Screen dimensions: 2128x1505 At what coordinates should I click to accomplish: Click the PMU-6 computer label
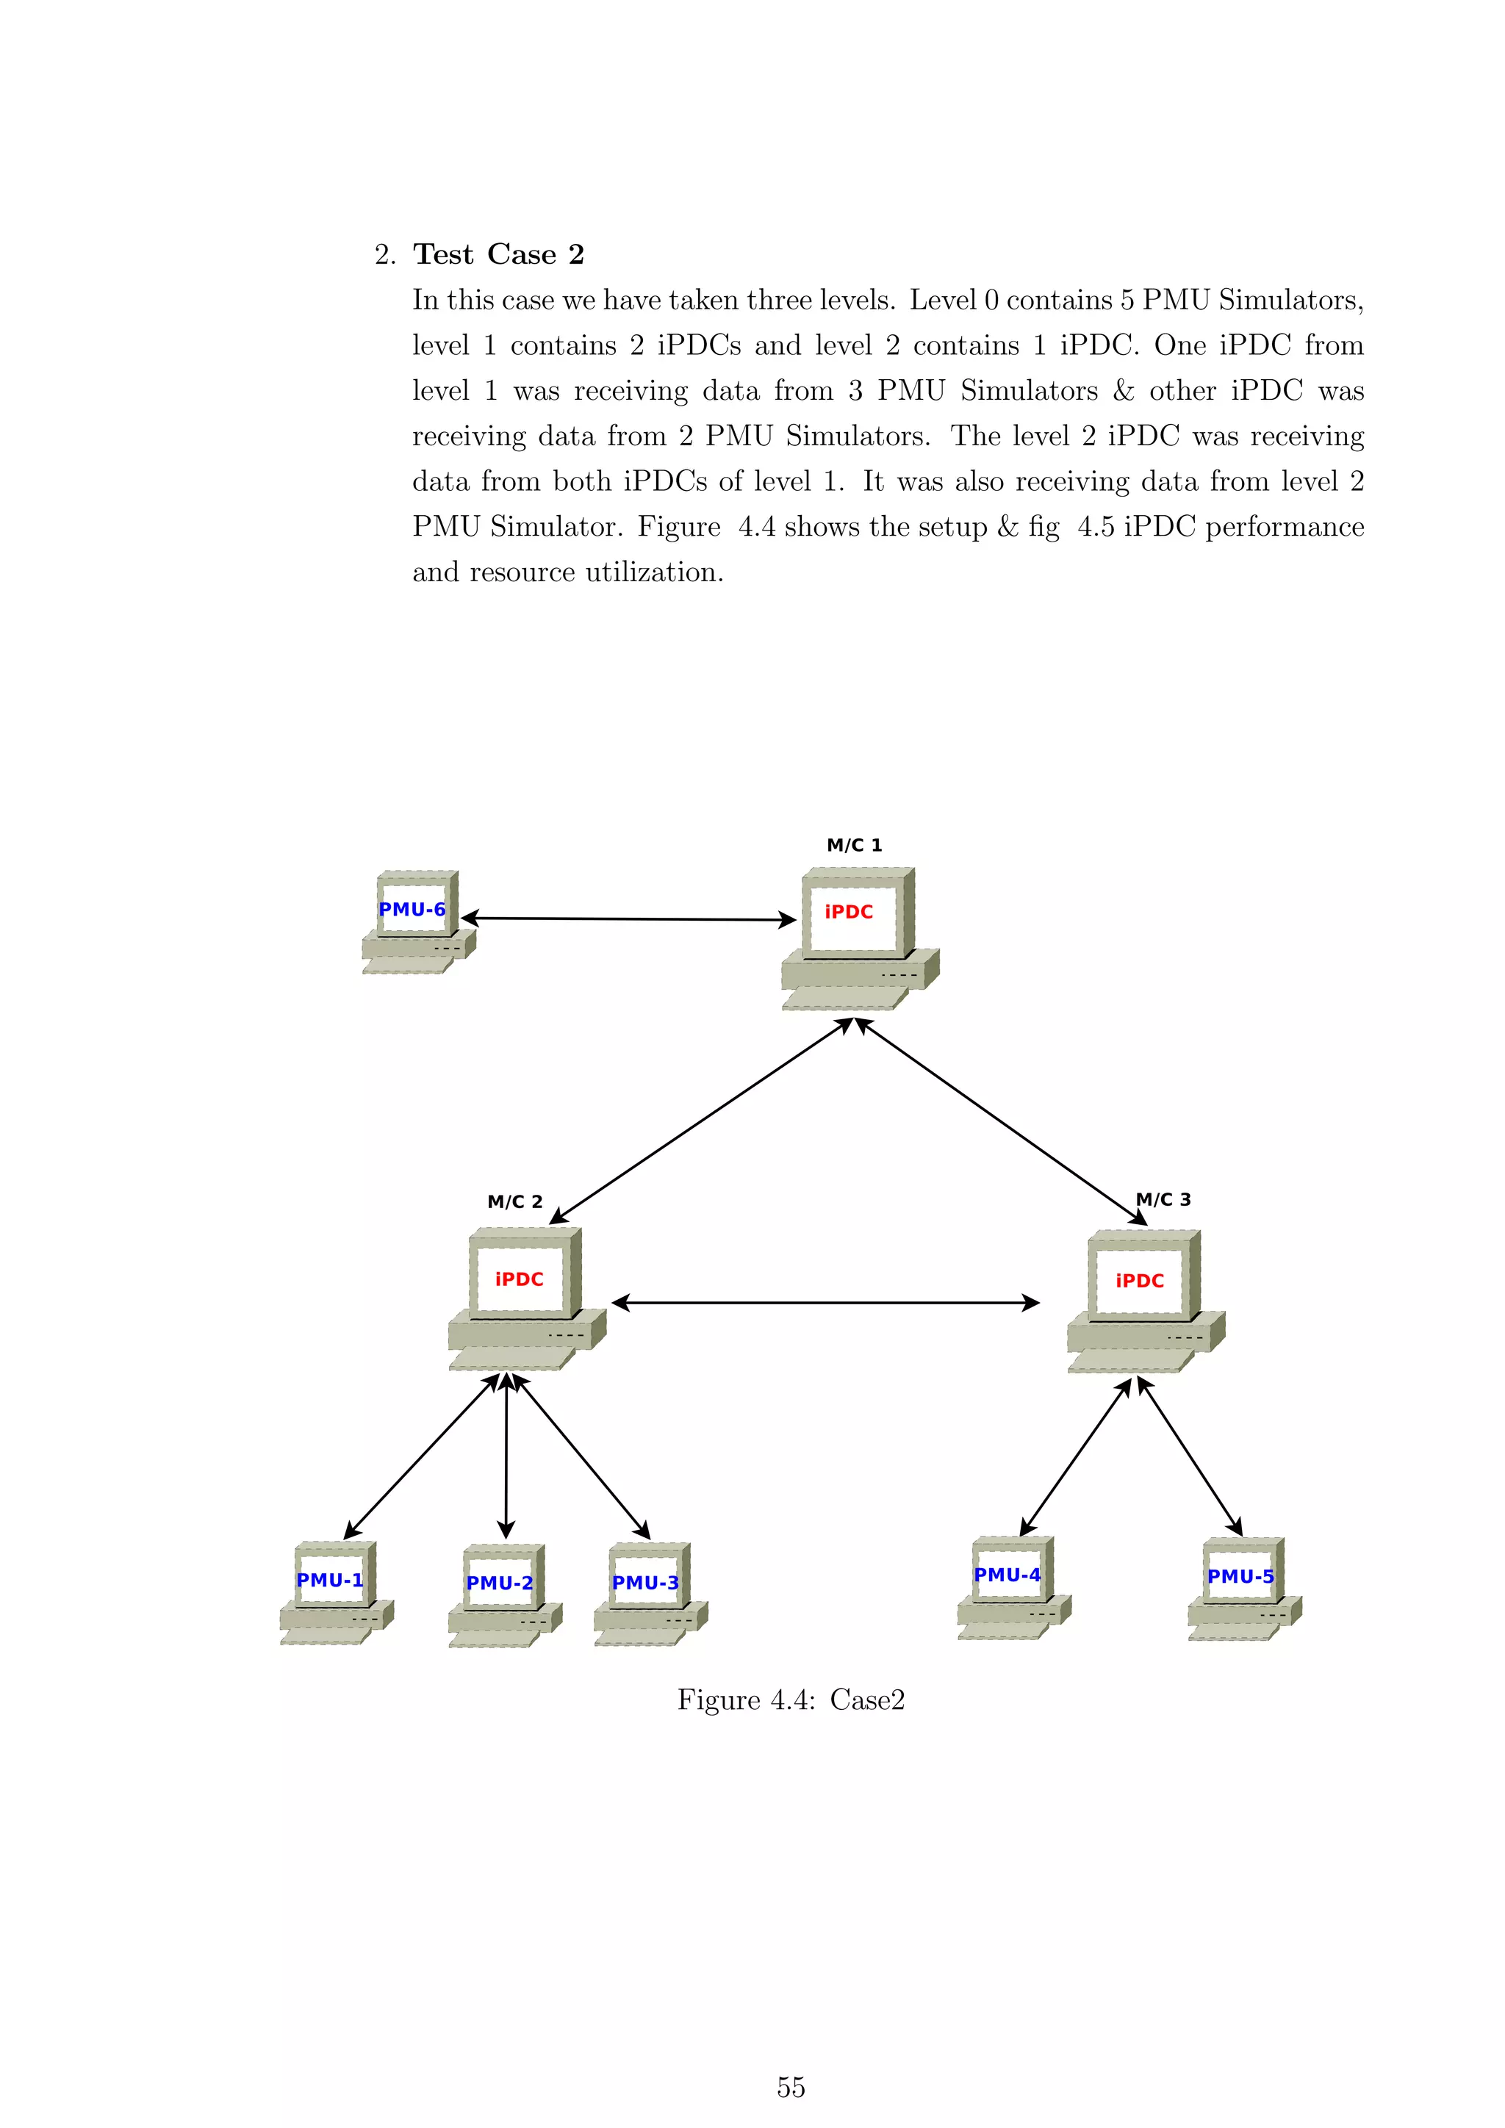(412, 909)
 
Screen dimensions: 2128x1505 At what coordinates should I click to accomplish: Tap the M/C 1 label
(853, 845)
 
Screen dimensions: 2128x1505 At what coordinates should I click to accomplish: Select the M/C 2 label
(514, 1202)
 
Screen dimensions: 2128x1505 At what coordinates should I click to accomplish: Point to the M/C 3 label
(1164, 1199)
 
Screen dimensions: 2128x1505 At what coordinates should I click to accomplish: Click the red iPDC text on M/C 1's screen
(849, 912)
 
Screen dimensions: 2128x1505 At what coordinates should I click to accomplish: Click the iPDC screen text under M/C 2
(519, 1279)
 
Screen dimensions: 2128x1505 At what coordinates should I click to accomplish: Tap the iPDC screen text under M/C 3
(1139, 1281)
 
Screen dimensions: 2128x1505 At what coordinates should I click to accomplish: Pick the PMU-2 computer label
(500, 1583)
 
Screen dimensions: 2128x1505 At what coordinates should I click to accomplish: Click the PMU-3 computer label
(645, 1583)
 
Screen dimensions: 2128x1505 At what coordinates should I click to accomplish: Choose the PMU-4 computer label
(1007, 1575)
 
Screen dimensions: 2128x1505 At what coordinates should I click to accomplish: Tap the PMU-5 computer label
(1240, 1577)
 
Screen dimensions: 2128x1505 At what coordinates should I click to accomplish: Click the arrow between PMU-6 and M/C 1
(628, 919)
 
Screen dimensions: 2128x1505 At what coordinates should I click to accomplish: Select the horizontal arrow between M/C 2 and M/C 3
(825, 1303)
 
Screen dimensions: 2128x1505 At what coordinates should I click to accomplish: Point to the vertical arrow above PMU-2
(506, 1455)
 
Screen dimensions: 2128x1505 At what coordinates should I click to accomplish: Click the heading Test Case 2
(498, 254)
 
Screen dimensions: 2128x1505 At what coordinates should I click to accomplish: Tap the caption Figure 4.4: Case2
(791, 1700)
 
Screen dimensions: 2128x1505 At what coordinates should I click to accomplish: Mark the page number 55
(791, 2088)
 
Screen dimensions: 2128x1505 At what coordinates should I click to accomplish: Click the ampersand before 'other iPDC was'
(1123, 390)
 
